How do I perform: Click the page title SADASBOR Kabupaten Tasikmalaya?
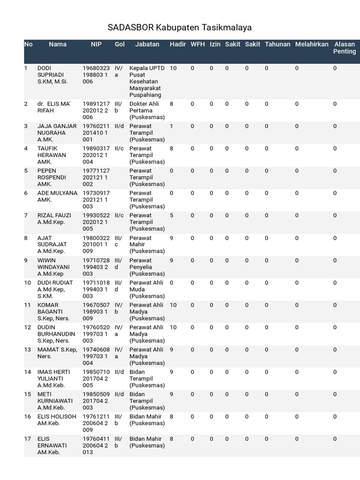point(180,27)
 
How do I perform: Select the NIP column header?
point(96,45)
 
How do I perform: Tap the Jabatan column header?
point(147,45)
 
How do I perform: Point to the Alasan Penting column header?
point(344,48)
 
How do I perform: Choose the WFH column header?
point(197,45)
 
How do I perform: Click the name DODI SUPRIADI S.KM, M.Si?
point(52,75)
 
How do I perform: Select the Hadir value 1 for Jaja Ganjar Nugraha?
point(172,126)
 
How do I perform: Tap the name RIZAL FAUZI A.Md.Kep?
point(54,219)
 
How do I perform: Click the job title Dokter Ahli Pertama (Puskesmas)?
point(147,111)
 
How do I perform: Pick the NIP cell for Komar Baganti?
point(96,312)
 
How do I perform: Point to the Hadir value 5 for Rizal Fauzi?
point(172,216)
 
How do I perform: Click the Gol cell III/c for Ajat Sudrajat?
point(119,241)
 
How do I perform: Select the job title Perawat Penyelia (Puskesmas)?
point(147,267)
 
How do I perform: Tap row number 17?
point(28,439)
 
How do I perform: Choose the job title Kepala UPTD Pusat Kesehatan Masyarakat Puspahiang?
point(147,82)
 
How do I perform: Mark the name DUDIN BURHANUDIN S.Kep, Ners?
point(56,334)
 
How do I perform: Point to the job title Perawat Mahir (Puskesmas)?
point(147,245)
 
